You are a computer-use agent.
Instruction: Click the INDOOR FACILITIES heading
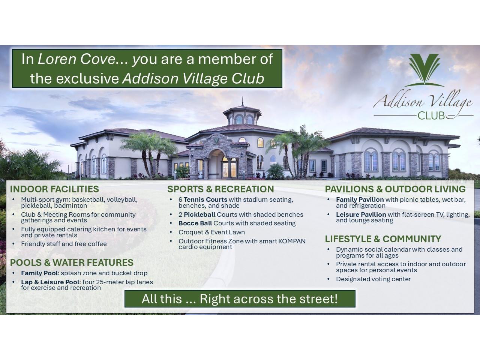(54, 189)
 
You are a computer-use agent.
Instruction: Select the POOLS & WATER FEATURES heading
(72, 262)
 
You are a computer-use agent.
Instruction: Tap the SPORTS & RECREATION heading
(220, 189)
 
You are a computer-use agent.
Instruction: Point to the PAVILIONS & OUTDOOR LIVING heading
(395, 189)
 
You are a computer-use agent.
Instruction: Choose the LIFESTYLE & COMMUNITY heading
(383, 239)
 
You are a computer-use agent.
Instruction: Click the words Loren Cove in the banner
(77, 59)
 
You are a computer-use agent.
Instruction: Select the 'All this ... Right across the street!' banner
(240, 299)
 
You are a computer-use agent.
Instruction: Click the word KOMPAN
(292, 241)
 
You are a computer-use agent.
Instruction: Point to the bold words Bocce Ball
(195, 223)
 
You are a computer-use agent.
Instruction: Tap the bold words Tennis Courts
(205, 200)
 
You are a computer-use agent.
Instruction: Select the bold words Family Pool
(39, 273)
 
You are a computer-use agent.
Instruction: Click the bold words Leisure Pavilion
(361, 215)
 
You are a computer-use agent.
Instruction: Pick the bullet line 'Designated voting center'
(373, 279)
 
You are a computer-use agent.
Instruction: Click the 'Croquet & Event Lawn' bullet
(211, 232)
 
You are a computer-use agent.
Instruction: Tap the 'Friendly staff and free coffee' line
(64, 244)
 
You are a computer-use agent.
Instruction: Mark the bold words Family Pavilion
(360, 200)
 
